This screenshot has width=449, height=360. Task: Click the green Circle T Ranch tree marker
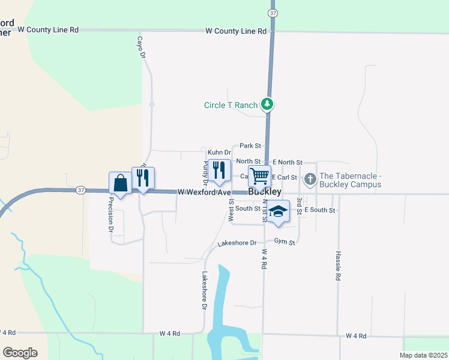(268, 104)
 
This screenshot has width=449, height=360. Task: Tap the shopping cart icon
(259, 176)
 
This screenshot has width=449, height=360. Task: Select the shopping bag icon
(120, 183)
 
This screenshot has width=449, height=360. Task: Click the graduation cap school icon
(278, 211)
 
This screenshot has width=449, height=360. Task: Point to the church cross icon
(310, 178)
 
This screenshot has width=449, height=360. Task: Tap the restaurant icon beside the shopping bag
(143, 178)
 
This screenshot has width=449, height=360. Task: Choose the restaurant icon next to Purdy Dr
(219, 170)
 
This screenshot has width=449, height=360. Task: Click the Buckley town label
(264, 192)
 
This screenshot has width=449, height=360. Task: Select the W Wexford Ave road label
(204, 192)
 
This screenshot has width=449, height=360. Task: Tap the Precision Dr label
(111, 215)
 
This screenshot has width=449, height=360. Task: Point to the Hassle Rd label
(338, 266)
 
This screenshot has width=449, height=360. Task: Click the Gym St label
(285, 242)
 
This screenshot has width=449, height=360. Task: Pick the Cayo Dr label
(142, 47)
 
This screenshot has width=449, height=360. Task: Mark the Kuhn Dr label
(219, 153)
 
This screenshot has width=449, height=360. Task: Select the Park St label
(250, 146)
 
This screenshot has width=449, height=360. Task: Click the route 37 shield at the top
(273, 13)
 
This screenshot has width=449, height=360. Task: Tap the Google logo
(20, 353)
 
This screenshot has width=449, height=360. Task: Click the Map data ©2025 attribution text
(423, 355)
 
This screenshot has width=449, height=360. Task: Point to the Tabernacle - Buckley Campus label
(350, 180)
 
